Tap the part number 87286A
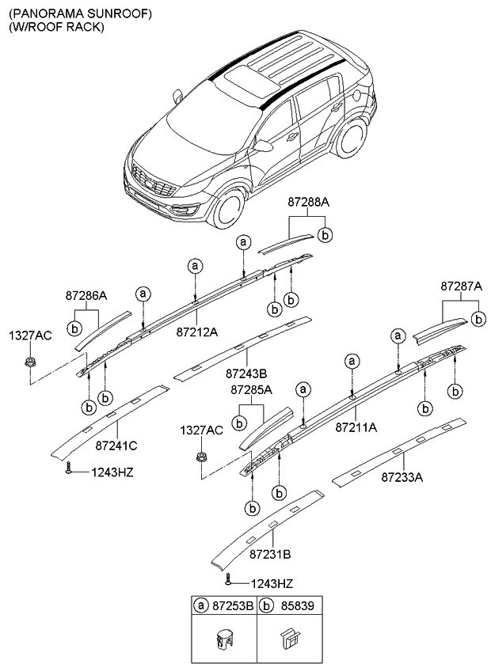pyautogui.click(x=86, y=296)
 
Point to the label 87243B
pyautogui.click(x=246, y=373)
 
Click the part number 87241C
pyautogui.click(x=116, y=445)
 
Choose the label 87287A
pyautogui.click(x=461, y=286)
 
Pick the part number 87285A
pyautogui.click(x=252, y=390)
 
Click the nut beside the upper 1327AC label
pyautogui.click(x=29, y=363)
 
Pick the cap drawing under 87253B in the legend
pyautogui.click(x=224, y=639)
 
